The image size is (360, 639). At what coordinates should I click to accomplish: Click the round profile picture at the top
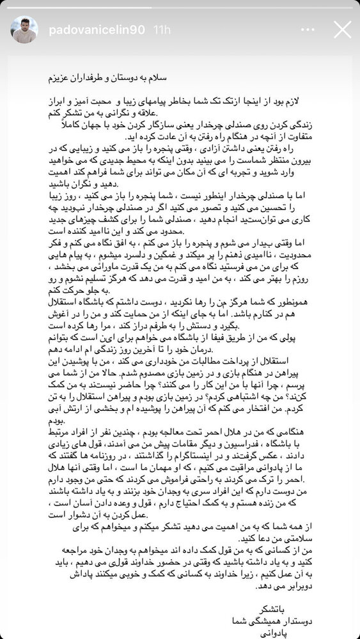click(24, 29)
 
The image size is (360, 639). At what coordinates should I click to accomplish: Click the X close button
click(342, 29)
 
